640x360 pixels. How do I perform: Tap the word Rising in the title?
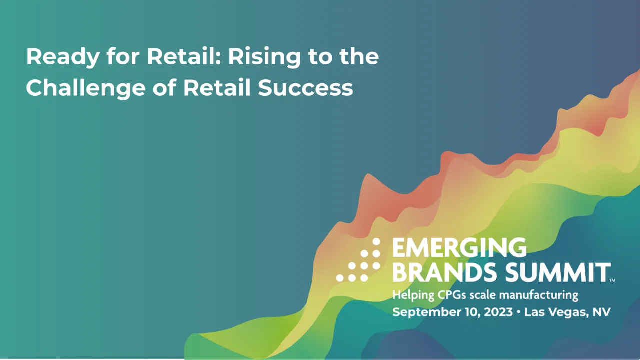pyautogui.click(x=265, y=57)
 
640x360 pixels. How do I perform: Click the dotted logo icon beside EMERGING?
pyautogui.click(x=358, y=260)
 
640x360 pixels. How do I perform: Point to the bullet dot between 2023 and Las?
pyautogui.click(x=518, y=312)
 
